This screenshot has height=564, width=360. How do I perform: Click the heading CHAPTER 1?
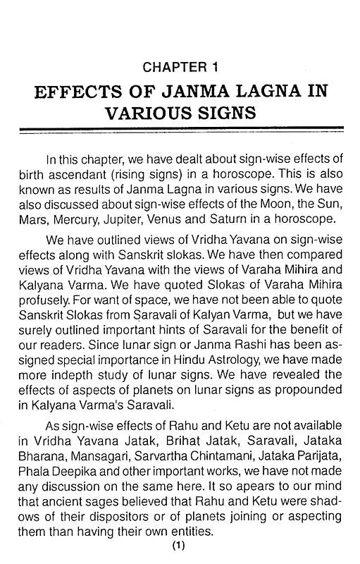point(180,68)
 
